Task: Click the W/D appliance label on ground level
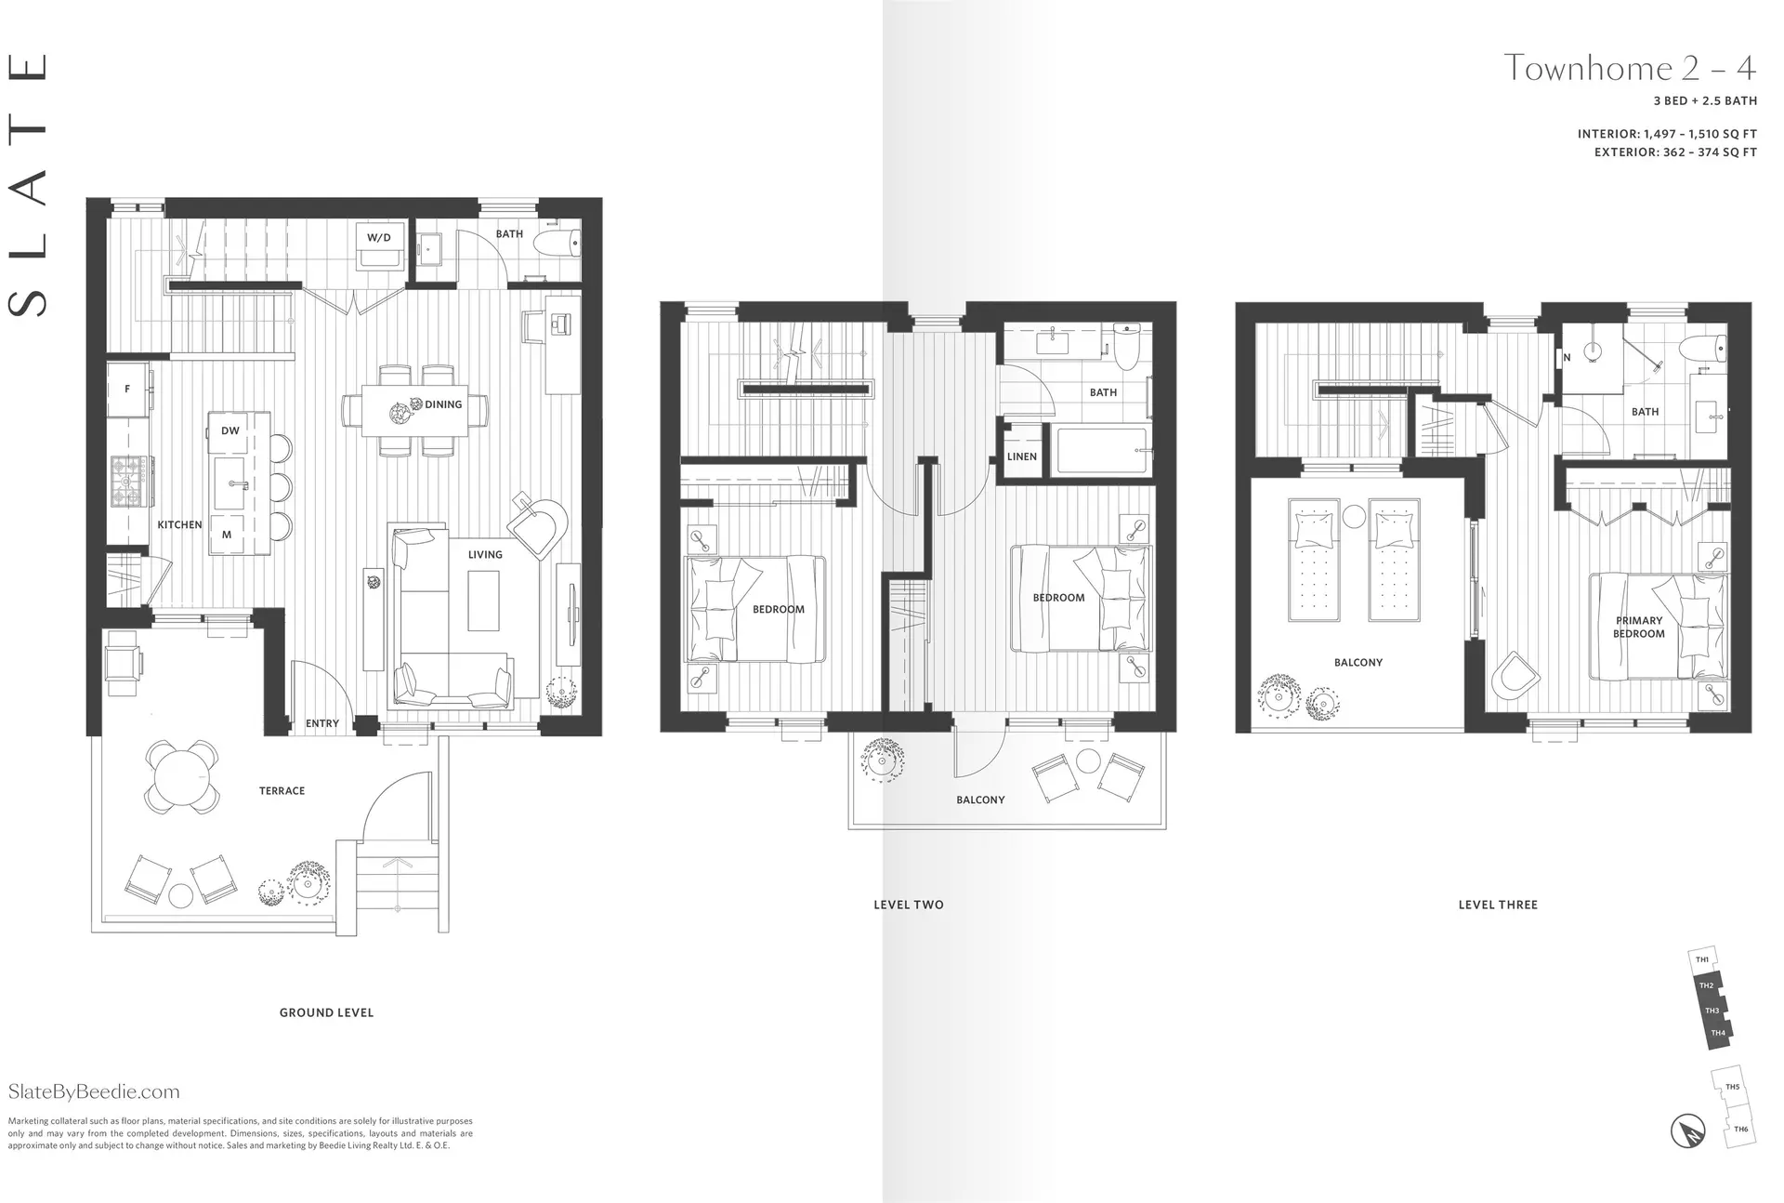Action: [378, 238]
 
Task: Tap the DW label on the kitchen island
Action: [230, 430]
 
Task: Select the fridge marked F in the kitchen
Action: [127, 389]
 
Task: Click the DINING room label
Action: [443, 404]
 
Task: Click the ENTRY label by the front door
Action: [322, 723]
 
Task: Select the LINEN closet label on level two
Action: [1022, 456]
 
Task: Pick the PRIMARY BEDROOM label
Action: [1638, 627]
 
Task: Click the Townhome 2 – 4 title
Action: [1630, 68]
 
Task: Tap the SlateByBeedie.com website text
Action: [94, 1091]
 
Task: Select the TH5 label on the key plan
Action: [1732, 1087]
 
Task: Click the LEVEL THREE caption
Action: [1498, 905]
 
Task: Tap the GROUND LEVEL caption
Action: [326, 1012]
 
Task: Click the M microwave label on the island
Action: [227, 535]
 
